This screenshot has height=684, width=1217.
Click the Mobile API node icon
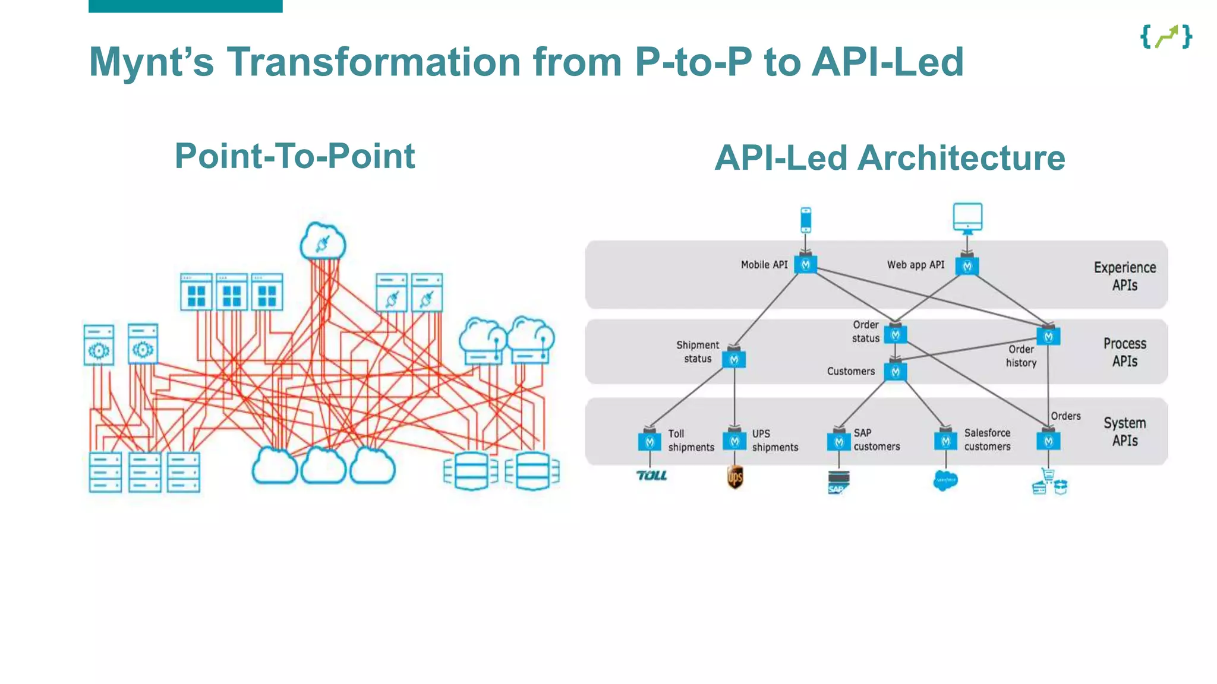coord(805,265)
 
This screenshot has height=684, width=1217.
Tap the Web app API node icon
coord(967,266)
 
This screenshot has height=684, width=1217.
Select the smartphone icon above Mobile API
coord(806,220)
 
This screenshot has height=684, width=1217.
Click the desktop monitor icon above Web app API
coord(967,218)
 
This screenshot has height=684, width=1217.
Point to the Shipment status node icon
coord(734,359)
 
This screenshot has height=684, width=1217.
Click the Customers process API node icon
coord(896,372)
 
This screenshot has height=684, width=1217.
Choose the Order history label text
coord(1021,356)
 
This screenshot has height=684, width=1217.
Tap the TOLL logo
coord(651,476)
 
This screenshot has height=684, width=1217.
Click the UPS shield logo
coord(735,477)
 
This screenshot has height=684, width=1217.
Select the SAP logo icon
coord(838,482)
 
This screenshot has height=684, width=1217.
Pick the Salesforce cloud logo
coord(945,480)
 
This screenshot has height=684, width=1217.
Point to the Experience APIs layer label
coord(1124,276)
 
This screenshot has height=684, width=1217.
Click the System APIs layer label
coord(1124,432)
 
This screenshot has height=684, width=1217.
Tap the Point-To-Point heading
coord(295,156)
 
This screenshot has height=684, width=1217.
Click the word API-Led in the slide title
coord(887,62)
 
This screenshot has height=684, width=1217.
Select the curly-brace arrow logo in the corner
coord(1166,37)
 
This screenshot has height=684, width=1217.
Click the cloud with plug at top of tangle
coord(323,241)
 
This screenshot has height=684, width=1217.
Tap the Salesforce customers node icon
coord(945,441)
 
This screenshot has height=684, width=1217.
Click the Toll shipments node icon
coord(650,442)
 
